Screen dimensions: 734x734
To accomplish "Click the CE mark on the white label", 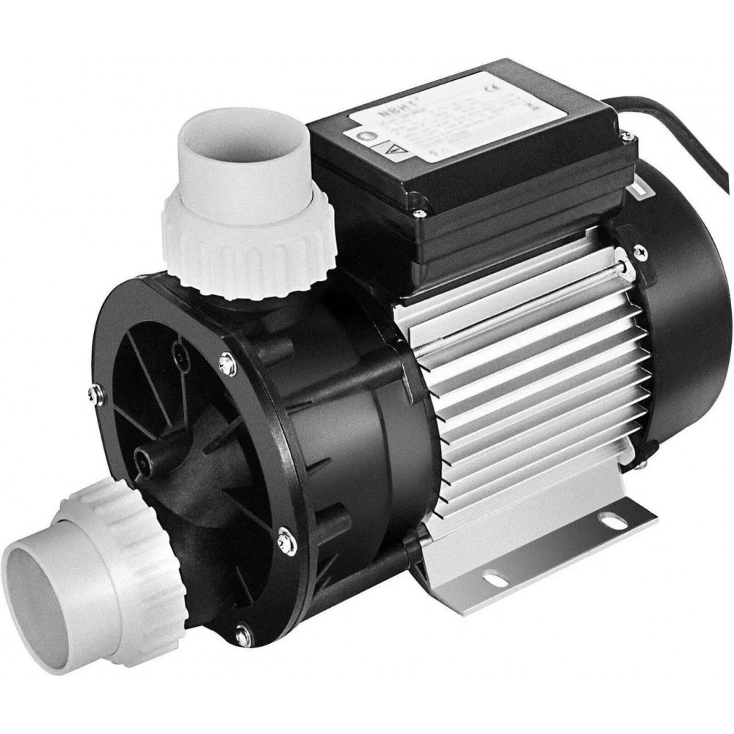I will [531, 92].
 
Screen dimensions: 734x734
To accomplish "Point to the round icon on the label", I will [367, 134].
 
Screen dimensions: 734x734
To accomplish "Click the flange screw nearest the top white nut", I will [228, 362].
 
